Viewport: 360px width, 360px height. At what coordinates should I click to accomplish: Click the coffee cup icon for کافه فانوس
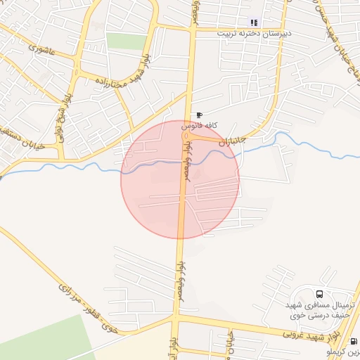(200, 115)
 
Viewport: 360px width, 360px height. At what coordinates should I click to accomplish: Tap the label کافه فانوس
(200, 125)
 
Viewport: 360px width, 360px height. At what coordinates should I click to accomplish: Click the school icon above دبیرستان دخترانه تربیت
(254, 22)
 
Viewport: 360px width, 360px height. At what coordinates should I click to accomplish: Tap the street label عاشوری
(44, 51)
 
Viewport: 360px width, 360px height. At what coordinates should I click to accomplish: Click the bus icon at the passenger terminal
(320, 294)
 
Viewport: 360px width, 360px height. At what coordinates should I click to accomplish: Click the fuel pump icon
(353, 342)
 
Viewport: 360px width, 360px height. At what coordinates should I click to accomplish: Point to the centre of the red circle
(180, 179)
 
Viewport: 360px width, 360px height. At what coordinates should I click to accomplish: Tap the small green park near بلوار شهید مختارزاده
(127, 41)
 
